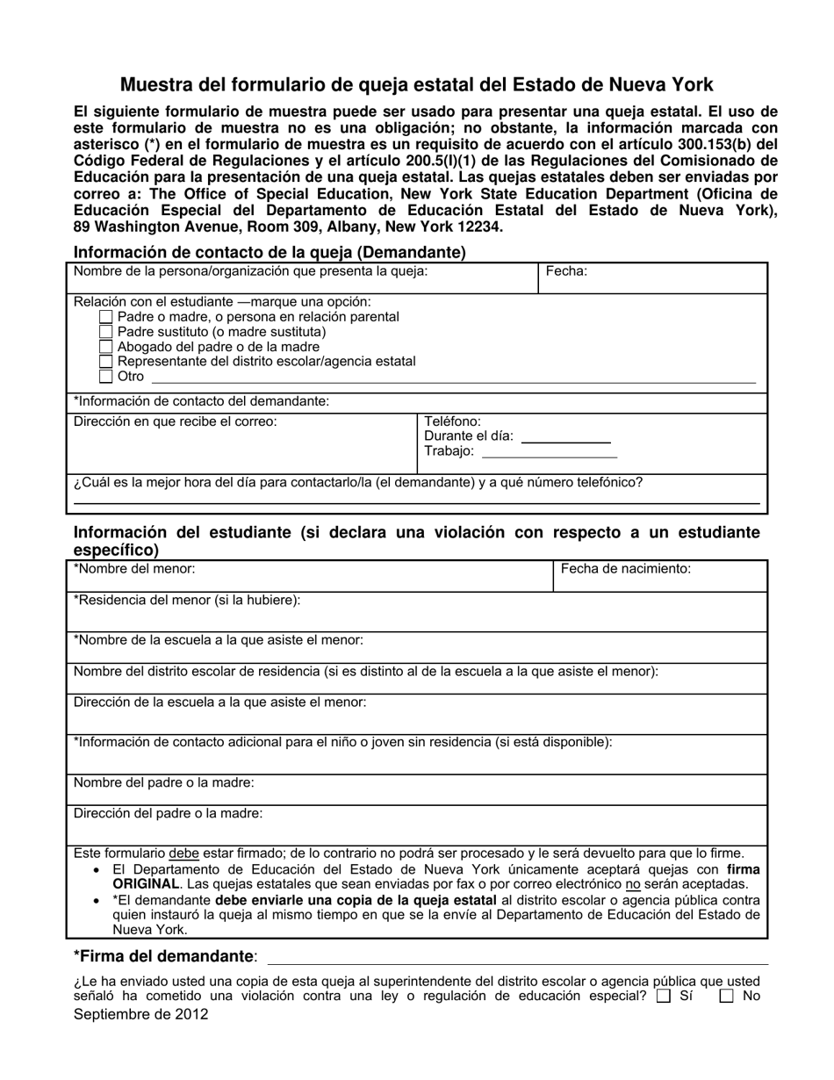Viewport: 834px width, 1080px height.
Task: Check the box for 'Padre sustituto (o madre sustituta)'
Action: (106, 332)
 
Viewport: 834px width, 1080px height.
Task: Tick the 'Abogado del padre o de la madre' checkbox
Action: (106, 347)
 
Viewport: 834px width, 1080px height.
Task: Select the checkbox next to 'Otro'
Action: (106, 377)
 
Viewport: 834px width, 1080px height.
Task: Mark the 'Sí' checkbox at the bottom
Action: (664, 997)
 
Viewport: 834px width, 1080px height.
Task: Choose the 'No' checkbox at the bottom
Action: (726, 997)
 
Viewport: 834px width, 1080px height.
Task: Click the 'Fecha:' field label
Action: (566, 271)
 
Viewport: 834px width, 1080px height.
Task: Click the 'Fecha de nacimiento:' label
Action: (625, 569)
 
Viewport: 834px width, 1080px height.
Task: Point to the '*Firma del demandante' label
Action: (166, 956)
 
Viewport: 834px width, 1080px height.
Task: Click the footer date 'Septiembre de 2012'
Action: (141, 1014)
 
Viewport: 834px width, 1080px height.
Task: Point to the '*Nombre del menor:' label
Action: (134, 569)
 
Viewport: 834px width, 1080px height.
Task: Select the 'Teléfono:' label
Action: (453, 421)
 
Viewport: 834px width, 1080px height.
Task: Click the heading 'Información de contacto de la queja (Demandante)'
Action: (270, 252)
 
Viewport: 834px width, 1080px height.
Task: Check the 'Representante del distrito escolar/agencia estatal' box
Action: (106, 362)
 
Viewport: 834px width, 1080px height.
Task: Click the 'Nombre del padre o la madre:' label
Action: (164, 782)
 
